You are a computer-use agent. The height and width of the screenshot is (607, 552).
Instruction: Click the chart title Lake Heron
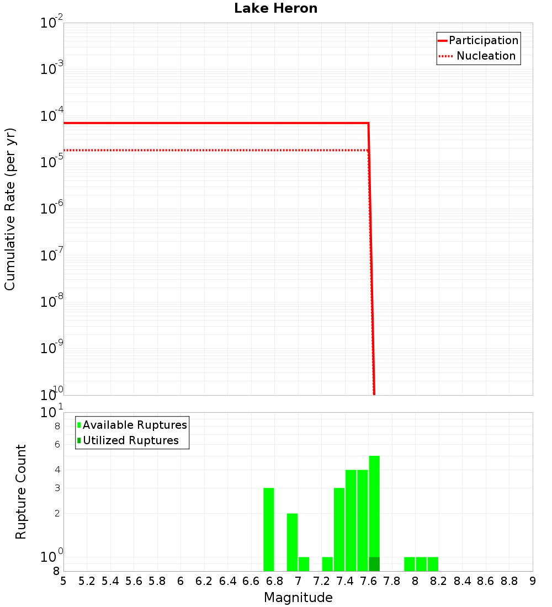(275, 8)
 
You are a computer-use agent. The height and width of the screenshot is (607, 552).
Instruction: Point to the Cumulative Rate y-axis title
(10, 209)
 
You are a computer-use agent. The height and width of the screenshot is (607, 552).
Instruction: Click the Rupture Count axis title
(21, 492)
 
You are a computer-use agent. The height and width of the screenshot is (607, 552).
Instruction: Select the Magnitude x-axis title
(298, 598)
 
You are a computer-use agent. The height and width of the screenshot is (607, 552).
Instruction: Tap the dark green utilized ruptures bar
(374, 564)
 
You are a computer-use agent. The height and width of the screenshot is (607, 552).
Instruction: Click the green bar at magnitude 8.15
(433, 564)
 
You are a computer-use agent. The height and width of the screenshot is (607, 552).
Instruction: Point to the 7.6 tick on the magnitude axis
(369, 581)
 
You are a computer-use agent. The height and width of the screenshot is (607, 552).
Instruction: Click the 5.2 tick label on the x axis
(87, 581)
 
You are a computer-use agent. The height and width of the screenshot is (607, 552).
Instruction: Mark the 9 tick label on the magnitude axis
(533, 581)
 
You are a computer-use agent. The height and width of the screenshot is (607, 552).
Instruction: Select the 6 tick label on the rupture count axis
(57, 444)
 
